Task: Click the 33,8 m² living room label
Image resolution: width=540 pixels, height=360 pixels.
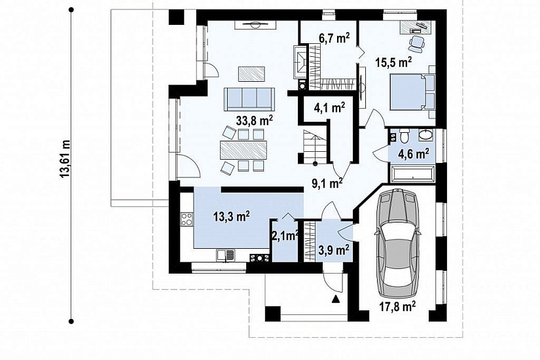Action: [x=255, y=120]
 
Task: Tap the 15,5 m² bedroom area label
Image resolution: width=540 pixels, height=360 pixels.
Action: [x=393, y=63]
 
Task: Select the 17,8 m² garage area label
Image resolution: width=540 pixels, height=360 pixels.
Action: [x=397, y=306]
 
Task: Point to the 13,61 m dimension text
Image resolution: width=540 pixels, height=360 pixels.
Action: [x=65, y=159]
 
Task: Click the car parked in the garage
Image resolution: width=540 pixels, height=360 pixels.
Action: [x=399, y=243]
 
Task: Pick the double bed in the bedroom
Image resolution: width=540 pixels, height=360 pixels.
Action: [x=412, y=92]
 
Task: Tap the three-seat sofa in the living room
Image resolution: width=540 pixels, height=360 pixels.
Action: [x=249, y=99]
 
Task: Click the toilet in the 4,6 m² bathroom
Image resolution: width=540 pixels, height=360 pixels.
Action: [x=405, y=135]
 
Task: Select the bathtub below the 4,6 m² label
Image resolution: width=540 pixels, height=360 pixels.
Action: [x=412, y=173]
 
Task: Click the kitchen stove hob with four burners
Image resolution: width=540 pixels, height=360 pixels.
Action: [x=187, y=219]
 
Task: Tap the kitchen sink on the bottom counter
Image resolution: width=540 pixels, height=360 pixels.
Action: [x=226, y=255]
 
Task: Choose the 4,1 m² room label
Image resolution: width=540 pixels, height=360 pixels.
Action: [x=330, y=108]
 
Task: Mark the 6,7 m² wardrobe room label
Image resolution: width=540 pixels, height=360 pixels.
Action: [x=334, y=39]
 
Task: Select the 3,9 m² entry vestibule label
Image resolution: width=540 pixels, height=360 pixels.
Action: [x=334, y=250]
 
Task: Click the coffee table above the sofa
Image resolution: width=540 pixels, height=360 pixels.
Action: [x=251, y=74]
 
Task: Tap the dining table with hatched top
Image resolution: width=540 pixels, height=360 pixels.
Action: [x=243, y=150]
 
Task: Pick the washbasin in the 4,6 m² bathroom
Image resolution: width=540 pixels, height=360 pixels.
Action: [x=425, y=135]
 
